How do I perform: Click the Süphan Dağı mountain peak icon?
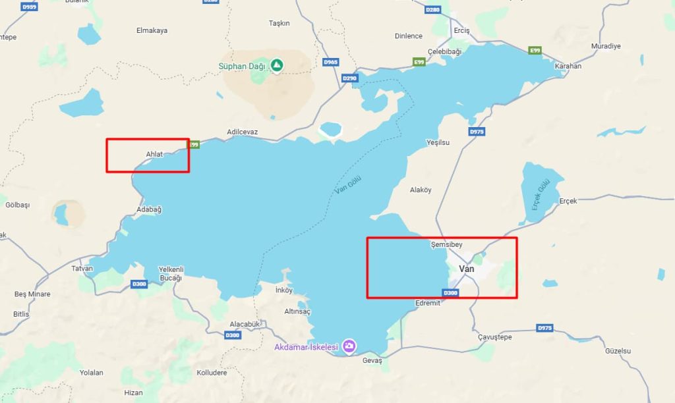click(277, 65)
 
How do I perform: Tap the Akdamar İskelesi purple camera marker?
click(349, 346)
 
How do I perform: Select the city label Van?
click(466, 269)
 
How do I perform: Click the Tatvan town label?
click(82, 268)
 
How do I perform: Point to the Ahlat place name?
click(154, 155)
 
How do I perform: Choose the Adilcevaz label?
click(242, 132)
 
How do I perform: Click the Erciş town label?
click(461, 31)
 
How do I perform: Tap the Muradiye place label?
click(606, 46)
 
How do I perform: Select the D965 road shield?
click(331, 62)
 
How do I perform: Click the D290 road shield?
click(349, 78)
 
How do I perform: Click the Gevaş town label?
click(372, 361)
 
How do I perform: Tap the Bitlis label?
click(21, 314)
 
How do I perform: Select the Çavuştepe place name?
click(494, 337)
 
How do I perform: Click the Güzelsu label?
click(618, 351)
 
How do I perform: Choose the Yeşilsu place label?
click(438, 142)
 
